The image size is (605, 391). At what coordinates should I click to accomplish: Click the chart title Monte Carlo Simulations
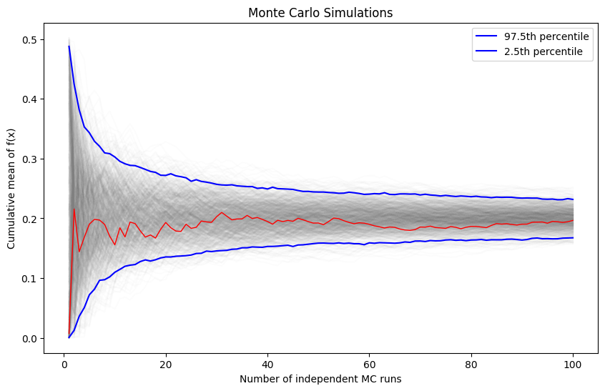[x=320, y=13]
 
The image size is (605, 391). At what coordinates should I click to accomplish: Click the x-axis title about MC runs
[x=320, y=379]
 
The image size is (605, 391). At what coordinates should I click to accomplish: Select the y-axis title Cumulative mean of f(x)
[x=11, y=192]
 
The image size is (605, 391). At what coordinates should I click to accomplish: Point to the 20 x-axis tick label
[x=166, y=362]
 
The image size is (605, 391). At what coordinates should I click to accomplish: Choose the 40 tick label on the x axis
[x=267, y=362]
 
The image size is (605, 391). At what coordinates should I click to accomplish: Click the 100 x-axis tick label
[x=572, y=362]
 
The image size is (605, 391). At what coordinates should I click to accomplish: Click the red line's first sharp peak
[x=74, y=209]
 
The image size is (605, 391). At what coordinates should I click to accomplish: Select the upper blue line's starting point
[x=69, y=46]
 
